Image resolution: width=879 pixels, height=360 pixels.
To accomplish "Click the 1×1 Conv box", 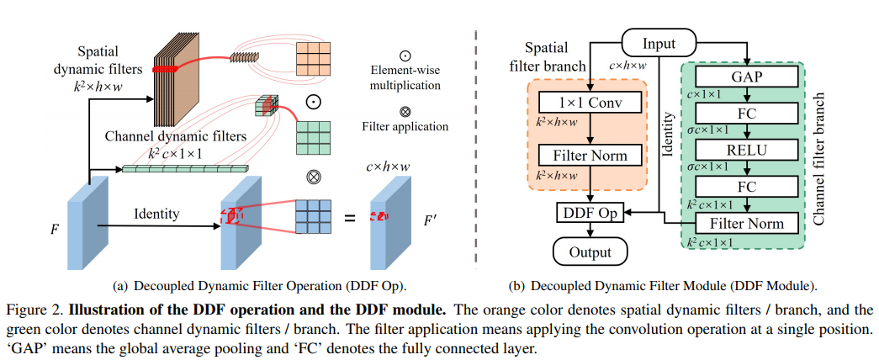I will [x=590, y=103].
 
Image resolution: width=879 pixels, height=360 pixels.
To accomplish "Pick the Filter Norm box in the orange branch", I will [x=590, y=156].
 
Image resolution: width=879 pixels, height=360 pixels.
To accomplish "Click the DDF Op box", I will [x=590, y=214].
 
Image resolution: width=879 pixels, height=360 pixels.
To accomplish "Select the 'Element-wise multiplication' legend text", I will [x=410, y=78].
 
